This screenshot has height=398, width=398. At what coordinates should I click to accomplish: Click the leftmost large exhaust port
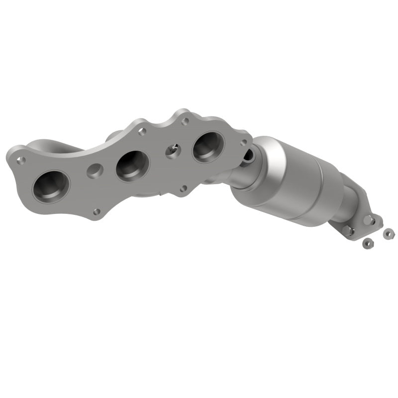point(51,186)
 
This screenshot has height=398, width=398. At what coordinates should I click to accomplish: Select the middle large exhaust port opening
point(132,165)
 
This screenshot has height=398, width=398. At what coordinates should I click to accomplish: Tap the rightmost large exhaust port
point(208,147)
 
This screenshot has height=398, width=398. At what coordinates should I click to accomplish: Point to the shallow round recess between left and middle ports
point(94,171)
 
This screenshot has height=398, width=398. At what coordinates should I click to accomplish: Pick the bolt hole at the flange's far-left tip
point(22,160)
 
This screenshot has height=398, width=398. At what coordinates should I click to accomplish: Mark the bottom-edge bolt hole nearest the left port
point(97,211)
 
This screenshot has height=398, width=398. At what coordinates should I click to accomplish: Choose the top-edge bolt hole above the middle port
point(142,132)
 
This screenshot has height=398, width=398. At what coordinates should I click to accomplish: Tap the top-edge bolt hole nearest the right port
point(185,121)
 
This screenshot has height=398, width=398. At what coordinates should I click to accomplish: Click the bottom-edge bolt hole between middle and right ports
point(183,188)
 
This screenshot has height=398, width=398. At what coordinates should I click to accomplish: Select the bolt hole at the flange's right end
point(244,142)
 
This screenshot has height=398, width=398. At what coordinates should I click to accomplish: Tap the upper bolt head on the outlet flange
point(368,219)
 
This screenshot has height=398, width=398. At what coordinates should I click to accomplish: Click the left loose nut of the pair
point(368,242)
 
